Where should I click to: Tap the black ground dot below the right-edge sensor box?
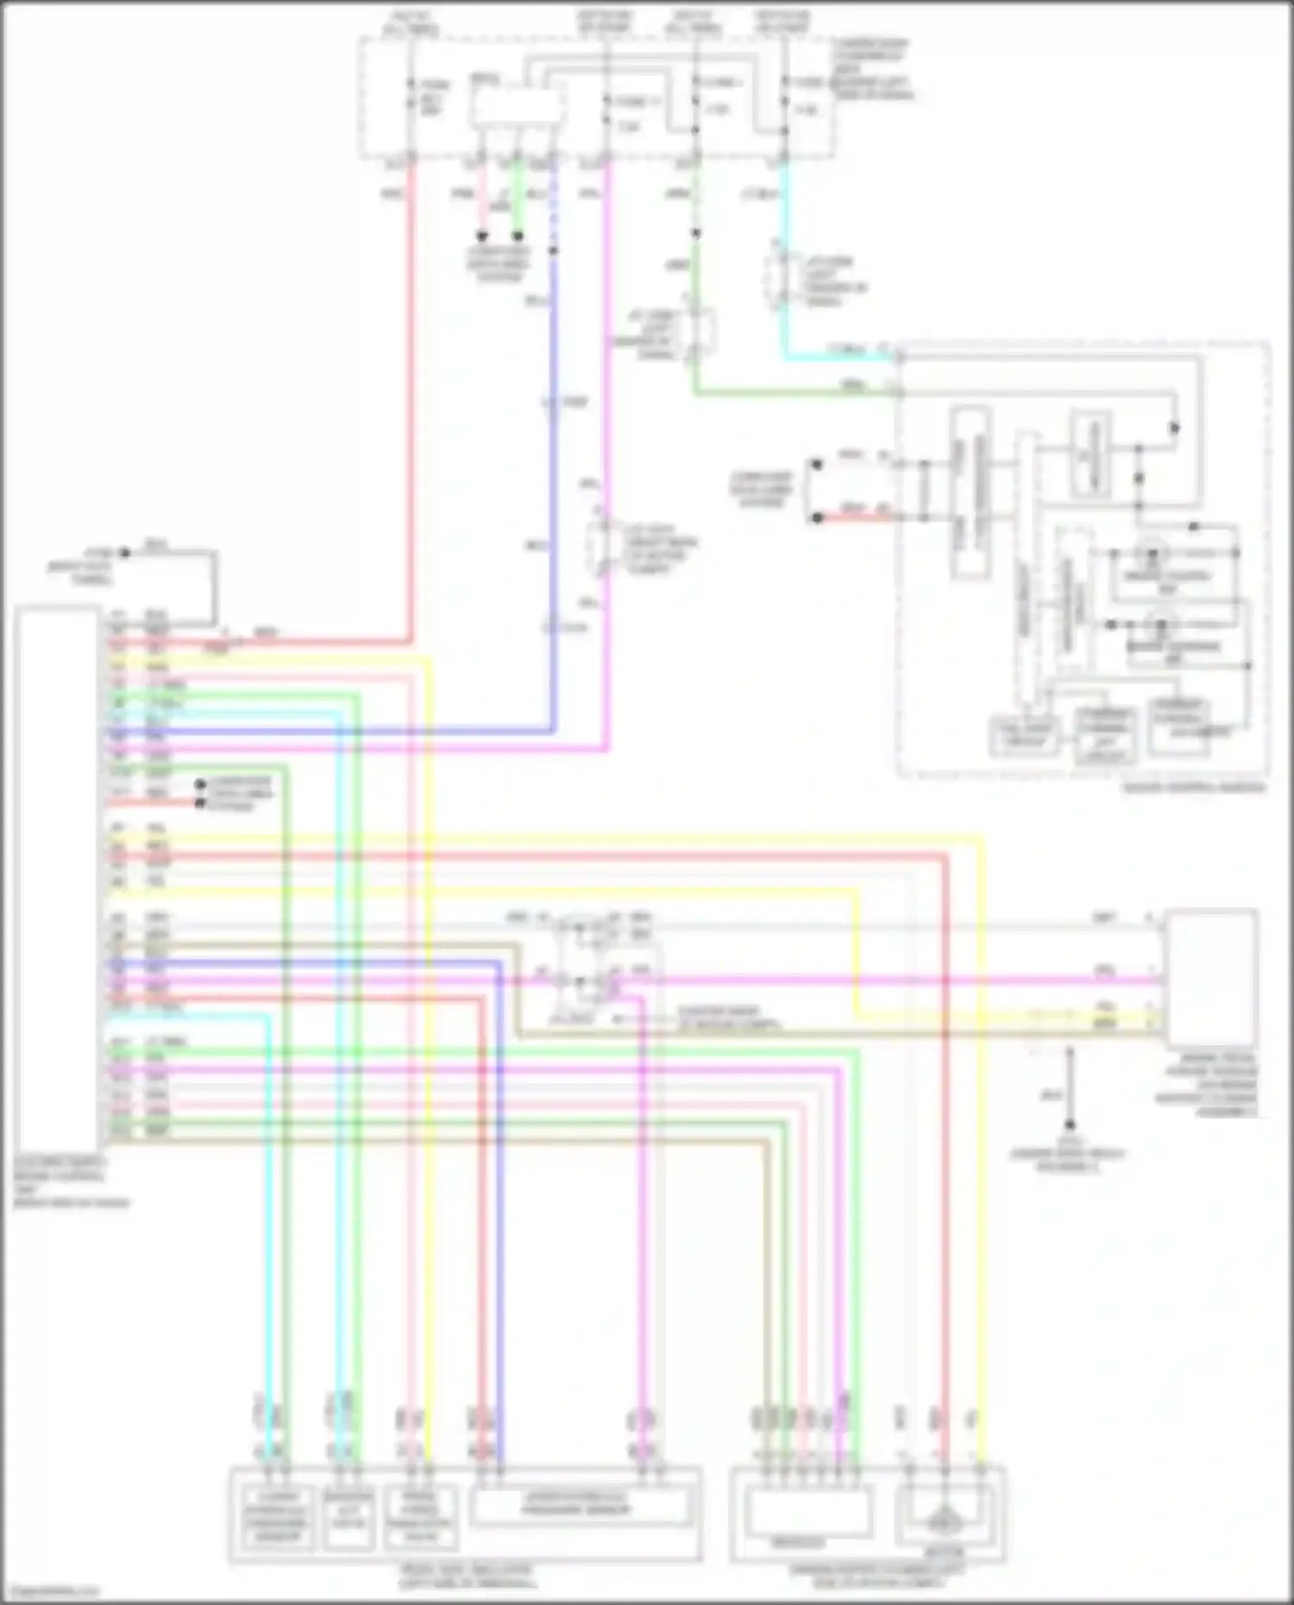coord(1070,1125)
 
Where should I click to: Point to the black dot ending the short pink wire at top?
coord(482,235)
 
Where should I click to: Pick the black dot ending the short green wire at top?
coord(518,235)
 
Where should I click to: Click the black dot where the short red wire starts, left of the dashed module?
coord(817,517)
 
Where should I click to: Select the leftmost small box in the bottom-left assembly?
coord(278,1518)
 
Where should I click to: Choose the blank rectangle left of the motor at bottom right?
coord(807,1511)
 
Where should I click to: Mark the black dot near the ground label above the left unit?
coord(125,553)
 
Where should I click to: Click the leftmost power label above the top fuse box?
coord(411,22)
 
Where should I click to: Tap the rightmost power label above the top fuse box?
coord(782,22)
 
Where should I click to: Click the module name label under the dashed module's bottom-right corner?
coord(1194,787)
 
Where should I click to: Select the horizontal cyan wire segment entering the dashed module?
coord(837,355)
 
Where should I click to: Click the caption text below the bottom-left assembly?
coord(466,1577)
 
